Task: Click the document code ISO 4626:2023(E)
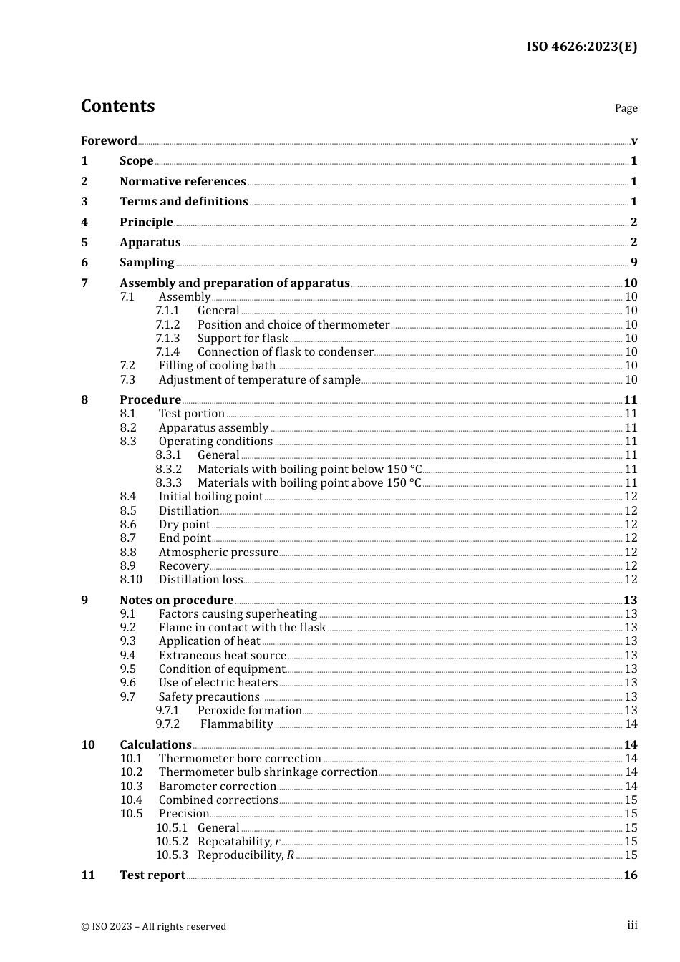[x=581, y=47]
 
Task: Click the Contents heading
[x=117, y=106]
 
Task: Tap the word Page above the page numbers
[x=626, y=108]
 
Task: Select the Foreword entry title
[x=109, y=140]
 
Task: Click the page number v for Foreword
[x=634, y=141]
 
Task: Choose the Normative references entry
[x=183, y=181]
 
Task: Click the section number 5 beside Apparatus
[x=84, y=242]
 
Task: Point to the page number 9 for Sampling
[x=633, y=263]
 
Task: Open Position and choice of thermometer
[x=293, y=324]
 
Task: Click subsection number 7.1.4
[x=167, y=352]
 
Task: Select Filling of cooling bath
[x=217, y=366]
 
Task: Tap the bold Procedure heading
[x=150, y=399]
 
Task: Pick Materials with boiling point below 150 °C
[x=309, y=469]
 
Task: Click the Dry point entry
[x=184, y=525]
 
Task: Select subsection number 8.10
[x=131, y=580]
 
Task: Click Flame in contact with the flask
[x=242, y=628]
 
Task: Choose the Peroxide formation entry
[x=249, y=711]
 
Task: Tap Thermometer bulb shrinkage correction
[x=268, y=772]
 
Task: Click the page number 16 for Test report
[x=630, y=875]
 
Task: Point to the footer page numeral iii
[x=632, y=925]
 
